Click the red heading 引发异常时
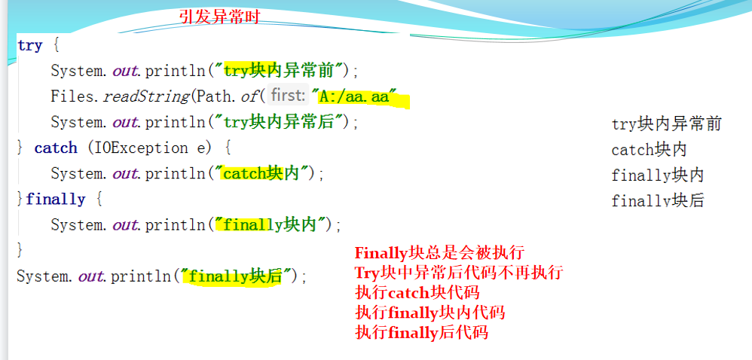coord(219,17)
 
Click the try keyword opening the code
coord(29,45)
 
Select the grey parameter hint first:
coord(289,96)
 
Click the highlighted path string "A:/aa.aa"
coord(356,97)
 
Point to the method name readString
coord(147,96)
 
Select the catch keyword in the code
coord(56,148)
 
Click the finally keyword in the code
coord(56,199)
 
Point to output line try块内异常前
coord(667,124)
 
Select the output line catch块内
coord(649,150)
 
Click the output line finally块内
coord(658,175)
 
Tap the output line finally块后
coord(658,200)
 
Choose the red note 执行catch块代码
coord(417,292)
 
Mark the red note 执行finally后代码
coord(421,331)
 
